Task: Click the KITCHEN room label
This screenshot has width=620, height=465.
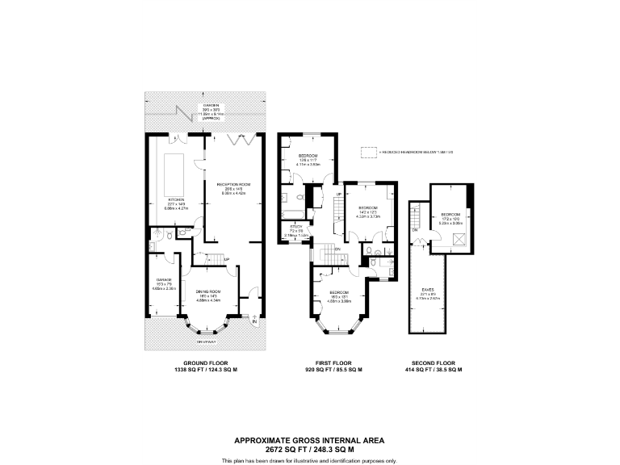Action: pyautogui.click(x=176, y=199)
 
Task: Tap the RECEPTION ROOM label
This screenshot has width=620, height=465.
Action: pyautogui.click(x=234, y=185)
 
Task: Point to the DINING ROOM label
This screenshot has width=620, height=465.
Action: pyautogui.click(x=208, y=291)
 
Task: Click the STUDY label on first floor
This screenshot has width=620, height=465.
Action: pyautogui.click(x=295, y=227)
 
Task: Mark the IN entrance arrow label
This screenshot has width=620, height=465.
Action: pyautogui.click(x=254, y=323)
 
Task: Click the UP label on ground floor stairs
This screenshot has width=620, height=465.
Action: pyautogui.click(x=227, y=259)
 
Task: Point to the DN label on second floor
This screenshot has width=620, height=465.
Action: pyautogui.click(x=414, y=232)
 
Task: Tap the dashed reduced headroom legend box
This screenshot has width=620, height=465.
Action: pyautogui.click(x=369, y=151)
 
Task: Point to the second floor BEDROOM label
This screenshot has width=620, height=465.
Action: pyautogui.click(x=450, y=214)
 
